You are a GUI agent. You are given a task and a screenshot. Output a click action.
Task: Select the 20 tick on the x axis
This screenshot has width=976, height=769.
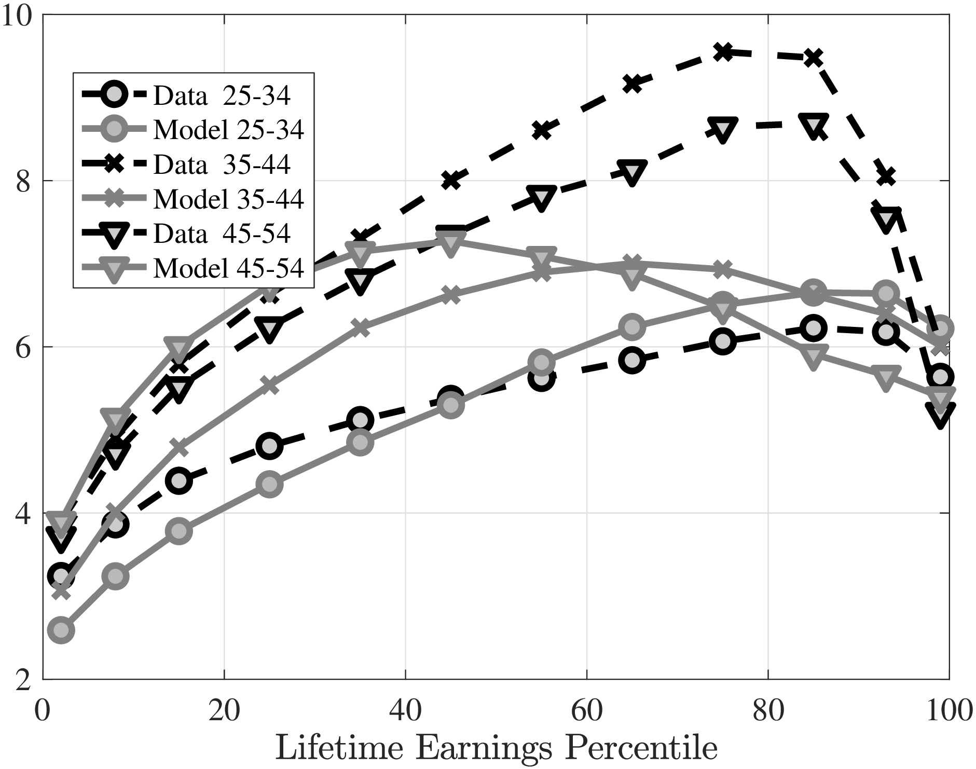click(224, 710)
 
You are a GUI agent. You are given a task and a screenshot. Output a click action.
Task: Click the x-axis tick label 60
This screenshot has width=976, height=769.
click(586, 710)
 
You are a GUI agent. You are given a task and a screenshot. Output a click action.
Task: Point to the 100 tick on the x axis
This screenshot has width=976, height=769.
click(948, 710)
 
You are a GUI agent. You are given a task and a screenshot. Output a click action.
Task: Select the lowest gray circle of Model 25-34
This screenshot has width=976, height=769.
click(61, 630)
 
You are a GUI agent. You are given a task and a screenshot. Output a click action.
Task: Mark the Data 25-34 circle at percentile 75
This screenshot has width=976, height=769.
click(722, 341)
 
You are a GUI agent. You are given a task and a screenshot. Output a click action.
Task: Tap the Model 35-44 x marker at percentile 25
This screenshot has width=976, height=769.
click(269, 386)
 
